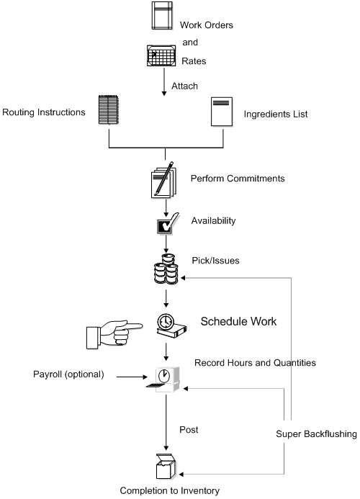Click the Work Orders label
point(206,25)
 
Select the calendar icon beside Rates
point(162,56)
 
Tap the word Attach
point(184,85)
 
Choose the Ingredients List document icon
point(220,112)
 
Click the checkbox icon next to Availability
point(166,226)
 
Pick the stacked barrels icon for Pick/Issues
point(166,273)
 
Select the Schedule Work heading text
point(238,320)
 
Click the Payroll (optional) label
point(68,374)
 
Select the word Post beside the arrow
point(189,429)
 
